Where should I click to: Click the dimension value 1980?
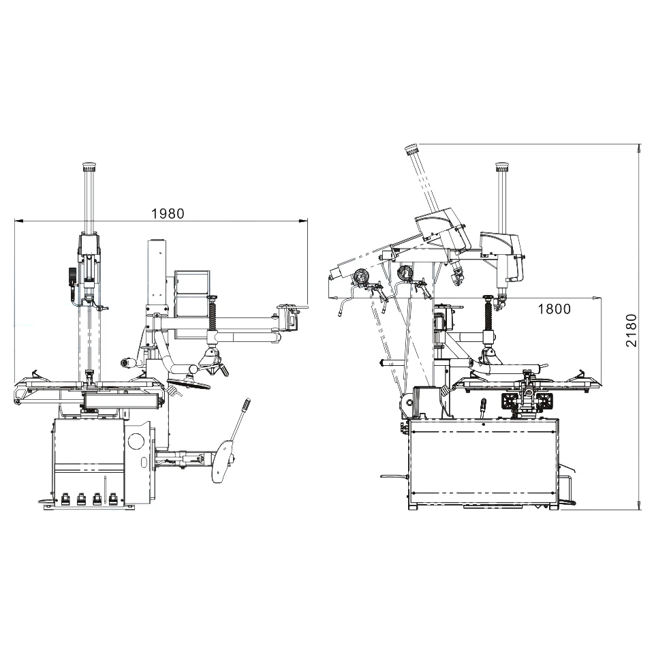[x=168, y=213]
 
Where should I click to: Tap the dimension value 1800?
[x=554, y=309]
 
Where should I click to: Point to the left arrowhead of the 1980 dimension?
[x=17, y=221]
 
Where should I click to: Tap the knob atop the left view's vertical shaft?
[x=88, y=166]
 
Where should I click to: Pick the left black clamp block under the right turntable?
[x=510, y=401]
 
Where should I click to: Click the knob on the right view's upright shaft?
[x=502, y=166]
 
